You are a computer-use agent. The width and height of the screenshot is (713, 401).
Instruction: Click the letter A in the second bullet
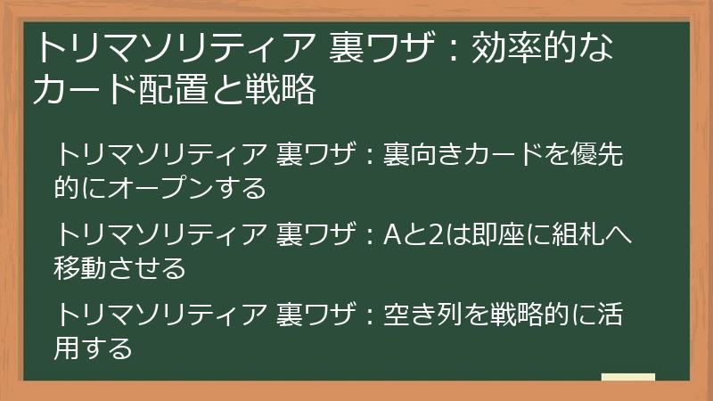(x=393, y=237)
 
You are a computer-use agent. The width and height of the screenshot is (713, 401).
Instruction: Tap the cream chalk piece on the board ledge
(x=628, y=377)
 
